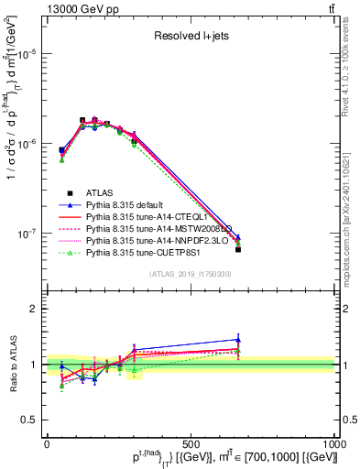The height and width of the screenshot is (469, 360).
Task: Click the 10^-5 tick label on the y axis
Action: coord(27,54)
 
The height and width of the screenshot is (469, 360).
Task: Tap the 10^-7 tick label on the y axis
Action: coord(27,234)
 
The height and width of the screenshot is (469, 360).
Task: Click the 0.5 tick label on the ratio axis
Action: coord(31,420)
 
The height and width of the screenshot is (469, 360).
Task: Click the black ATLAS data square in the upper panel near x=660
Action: coord(238,249)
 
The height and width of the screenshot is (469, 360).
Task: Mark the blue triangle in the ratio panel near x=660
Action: coord(238,339)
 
